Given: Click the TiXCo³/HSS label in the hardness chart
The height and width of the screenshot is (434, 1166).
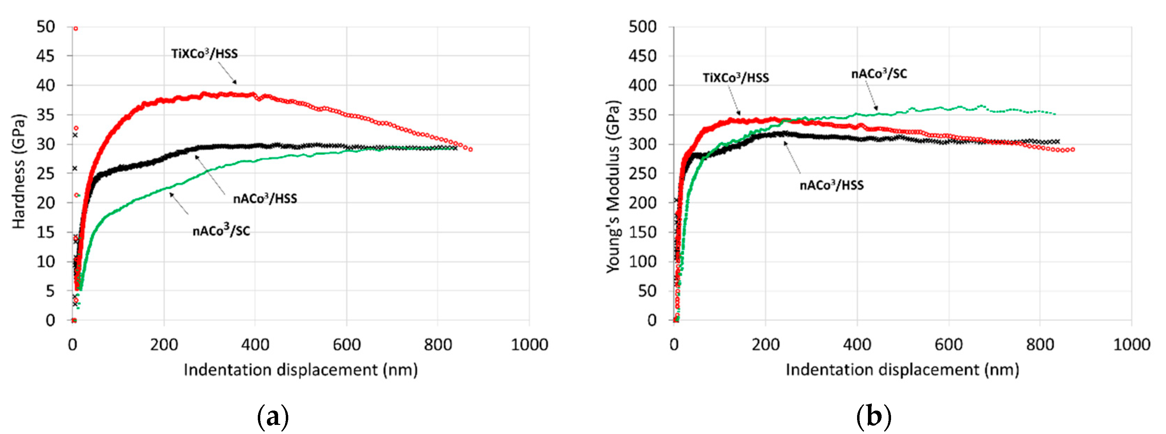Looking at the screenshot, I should pos(204,54).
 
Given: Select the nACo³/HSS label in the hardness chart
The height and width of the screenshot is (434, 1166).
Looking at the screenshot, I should pos(265,198).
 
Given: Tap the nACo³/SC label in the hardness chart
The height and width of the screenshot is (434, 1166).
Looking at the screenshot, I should pos(221,231).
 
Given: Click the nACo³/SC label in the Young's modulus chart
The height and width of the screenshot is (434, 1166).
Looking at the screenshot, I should pos(879,74).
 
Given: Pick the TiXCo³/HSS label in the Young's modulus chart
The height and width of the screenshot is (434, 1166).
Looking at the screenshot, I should pos(736,78).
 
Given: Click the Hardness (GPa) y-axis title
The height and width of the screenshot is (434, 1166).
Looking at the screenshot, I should pos(19,172).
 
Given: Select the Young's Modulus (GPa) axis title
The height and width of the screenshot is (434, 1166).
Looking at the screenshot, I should pos(613,186).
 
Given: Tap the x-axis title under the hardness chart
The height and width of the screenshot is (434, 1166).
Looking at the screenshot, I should pos(301,370).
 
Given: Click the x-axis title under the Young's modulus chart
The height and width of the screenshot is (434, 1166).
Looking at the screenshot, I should pos(902,370).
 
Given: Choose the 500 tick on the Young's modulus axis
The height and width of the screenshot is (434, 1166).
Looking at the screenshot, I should pos(642,27).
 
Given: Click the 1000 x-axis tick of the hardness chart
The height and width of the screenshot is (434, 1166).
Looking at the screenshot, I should pos(529,345).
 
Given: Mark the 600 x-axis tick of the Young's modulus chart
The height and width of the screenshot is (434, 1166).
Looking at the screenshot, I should pos(948,345).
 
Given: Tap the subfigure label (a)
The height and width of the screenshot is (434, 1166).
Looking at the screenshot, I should pos(272,416).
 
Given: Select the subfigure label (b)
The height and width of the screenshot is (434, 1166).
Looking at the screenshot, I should pos(874,416).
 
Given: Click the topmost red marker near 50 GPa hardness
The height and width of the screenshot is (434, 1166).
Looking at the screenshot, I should pos(76,28).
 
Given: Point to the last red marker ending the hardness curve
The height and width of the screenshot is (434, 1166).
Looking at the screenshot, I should pos(471,149).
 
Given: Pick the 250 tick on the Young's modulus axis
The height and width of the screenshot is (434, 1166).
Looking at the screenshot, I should pos(642,174).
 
